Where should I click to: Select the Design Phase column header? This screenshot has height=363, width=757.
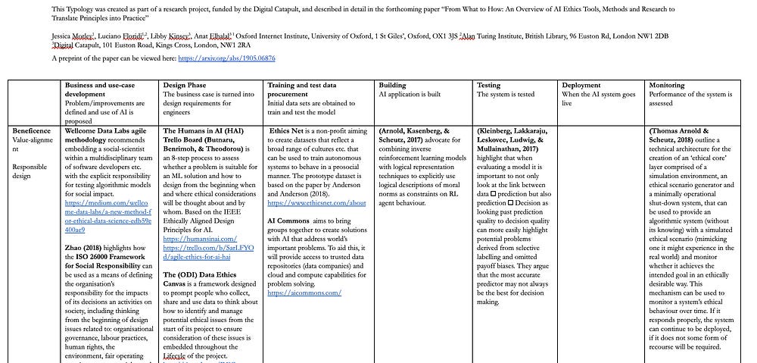[185, 86]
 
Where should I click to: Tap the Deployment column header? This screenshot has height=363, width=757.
[581, 86]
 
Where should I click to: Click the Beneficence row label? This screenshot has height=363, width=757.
[31, 131]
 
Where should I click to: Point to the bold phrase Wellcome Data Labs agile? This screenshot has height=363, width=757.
[105, 131]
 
